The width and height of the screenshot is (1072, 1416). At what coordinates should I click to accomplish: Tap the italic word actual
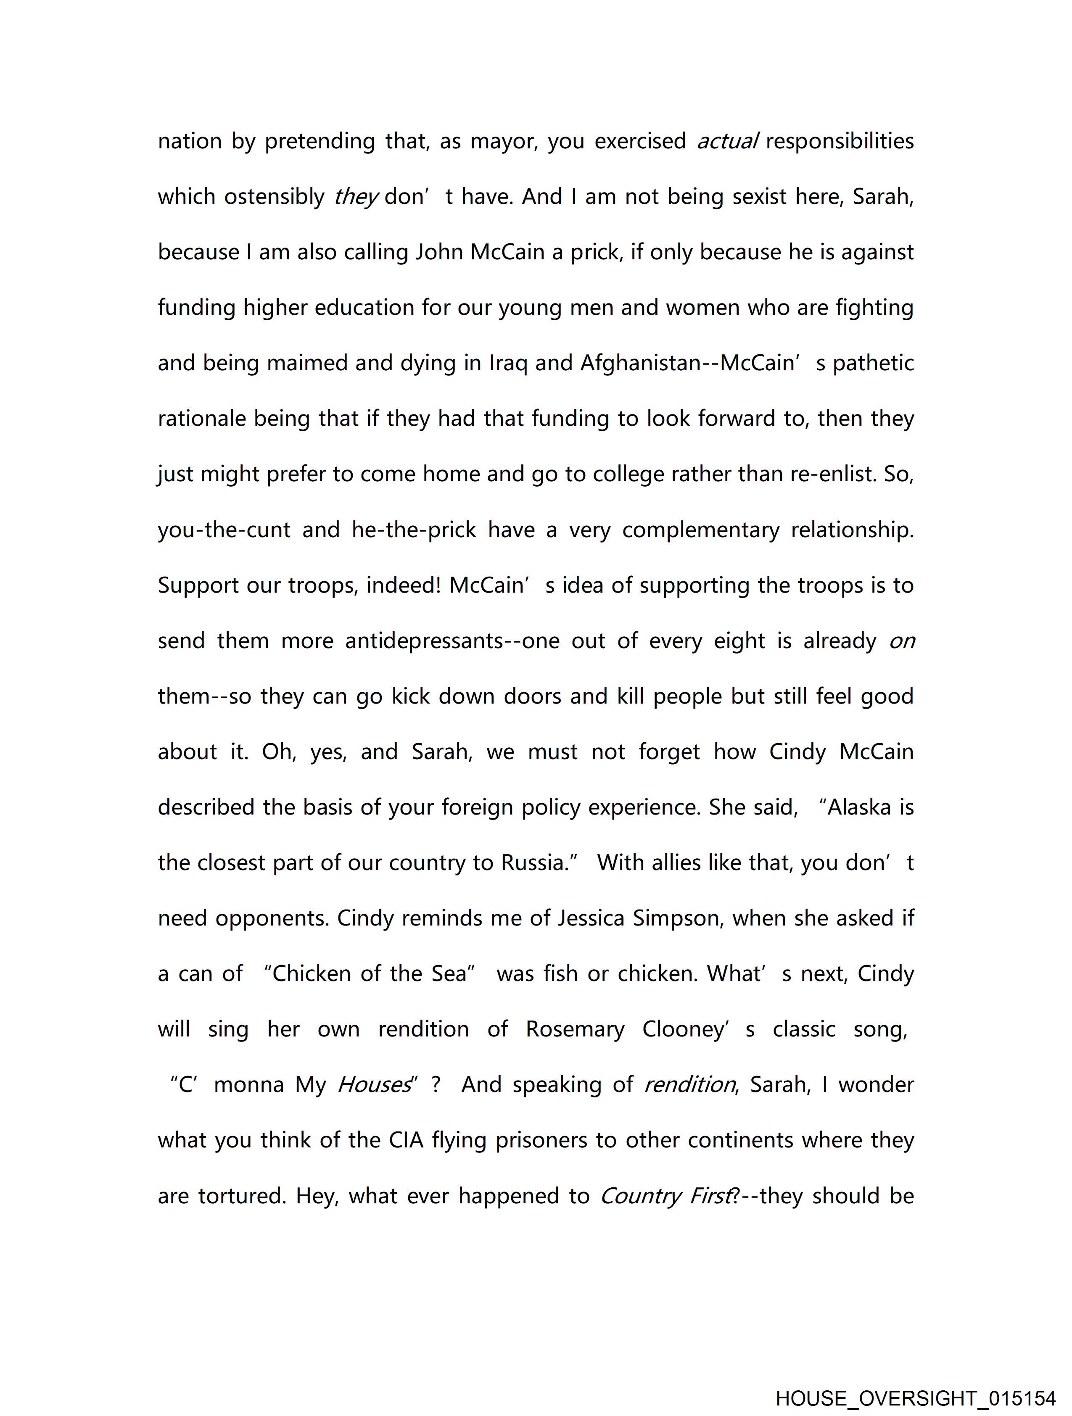(x=727, y=141)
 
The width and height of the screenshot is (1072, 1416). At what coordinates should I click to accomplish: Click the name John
(x=441, y=252)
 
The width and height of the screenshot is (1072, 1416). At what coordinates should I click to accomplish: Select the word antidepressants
(x=424, y=641)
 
